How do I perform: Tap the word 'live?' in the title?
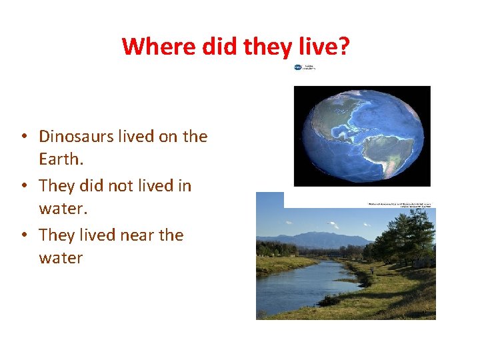click(x=327, y=47)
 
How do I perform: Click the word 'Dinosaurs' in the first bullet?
click(x=76, y=137)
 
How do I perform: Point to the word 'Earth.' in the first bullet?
click(x=61, y=160)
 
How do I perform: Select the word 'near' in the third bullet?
click(x=135, y=235)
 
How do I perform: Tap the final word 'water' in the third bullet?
click(x=61, y=259)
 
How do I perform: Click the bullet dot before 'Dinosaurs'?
click(x=23, y=137)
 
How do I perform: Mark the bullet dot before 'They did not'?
click(x=23, y=187)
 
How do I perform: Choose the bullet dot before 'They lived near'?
click(x=23, y=236)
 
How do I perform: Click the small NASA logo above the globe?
click(x=298, y=67)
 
